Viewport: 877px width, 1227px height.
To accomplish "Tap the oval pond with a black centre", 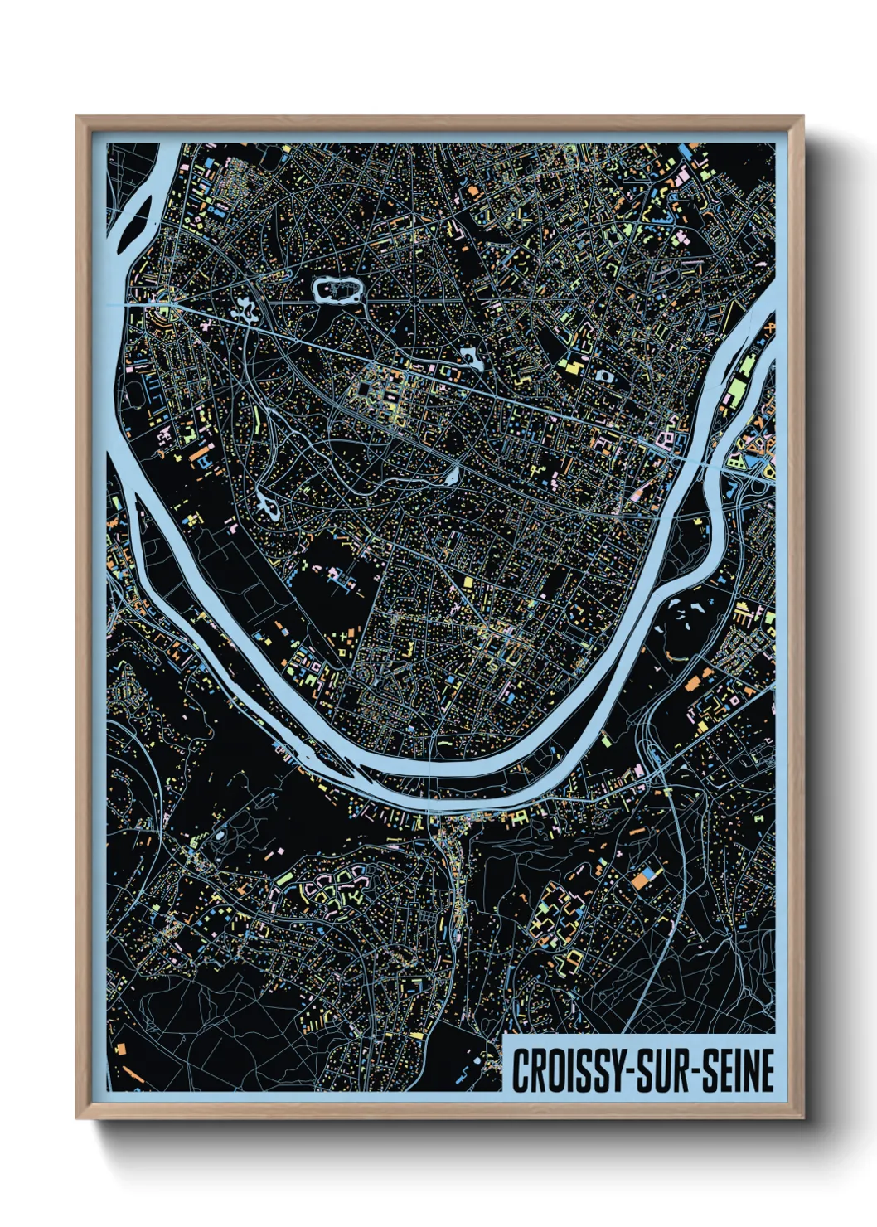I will pos(606,376).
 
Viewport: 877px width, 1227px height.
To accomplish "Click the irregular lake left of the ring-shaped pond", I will pos(246,312).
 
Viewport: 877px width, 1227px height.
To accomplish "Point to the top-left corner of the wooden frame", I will pos(78,118).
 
